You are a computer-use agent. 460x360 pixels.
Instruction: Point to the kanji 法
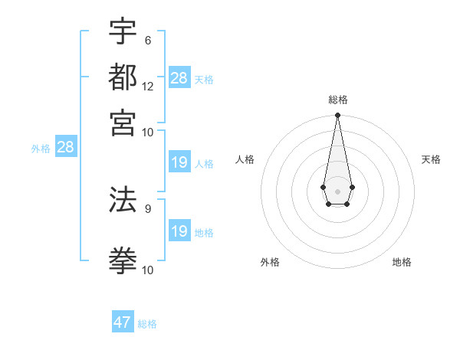pyautogui.click(x=123, y=198)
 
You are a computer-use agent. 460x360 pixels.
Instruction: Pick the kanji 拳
pyautogui.click(x=123, y=260)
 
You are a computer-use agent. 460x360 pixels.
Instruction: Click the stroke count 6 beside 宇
pyautogui.click(x=147, y=41)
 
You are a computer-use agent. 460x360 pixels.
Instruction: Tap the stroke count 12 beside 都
pyautogui.click(x=148, y=86)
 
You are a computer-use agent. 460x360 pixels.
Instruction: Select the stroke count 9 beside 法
pyautogui.click(x=147, y=208)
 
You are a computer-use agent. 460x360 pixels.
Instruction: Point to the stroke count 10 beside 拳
pyautogui.click(x=148, y=270)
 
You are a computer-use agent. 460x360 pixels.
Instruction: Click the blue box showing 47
pyautogui.click(x=123, y=322)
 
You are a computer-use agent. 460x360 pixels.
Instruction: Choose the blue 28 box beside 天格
pyautogui.click(x=179, y=78)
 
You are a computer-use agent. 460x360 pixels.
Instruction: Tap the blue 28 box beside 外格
pyautogui.click(x=65, y=148)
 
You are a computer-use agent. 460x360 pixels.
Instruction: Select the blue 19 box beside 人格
pyautogui.click(x=179, y=162)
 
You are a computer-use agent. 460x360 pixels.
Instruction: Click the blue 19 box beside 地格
pyautogui.click(x=179, y=231)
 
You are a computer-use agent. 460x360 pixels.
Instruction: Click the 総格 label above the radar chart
pyautogui.click(x=337, y=100)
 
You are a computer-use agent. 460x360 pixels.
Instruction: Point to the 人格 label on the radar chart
pyautogui.click(x=245, y=159)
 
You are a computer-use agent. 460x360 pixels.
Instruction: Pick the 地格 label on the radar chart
pyautogui.click(x=402, y=262)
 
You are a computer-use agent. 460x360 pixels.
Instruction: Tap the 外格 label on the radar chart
pyautogui.click(x=270, y=262)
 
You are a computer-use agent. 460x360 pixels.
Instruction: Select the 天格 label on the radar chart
pyautogui.click(x=431, y=159)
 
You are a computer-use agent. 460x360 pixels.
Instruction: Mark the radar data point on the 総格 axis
pyautogui.click(x=337, y=116)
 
